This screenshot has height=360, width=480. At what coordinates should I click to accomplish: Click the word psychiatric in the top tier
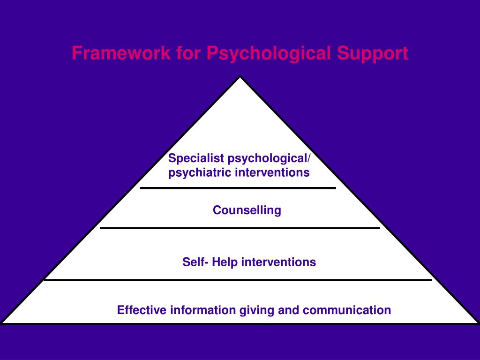tap(200, 173)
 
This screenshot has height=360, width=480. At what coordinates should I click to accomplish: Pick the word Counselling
tap(247, 210)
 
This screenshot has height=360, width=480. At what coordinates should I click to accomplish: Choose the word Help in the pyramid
tap(225, 262)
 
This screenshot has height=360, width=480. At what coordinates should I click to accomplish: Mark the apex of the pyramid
tap(240, 77)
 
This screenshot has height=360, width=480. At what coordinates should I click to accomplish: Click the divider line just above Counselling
tap(238, 188)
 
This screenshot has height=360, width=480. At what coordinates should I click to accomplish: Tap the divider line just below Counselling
tap(240, 228)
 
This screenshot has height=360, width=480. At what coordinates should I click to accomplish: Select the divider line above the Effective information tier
tap(238, 280)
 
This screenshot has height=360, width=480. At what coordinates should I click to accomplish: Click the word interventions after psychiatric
tap(272, 173)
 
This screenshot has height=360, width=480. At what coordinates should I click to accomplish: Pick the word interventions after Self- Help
tap(278, 262)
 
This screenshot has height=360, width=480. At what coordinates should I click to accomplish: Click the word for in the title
tap(188, 53)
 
